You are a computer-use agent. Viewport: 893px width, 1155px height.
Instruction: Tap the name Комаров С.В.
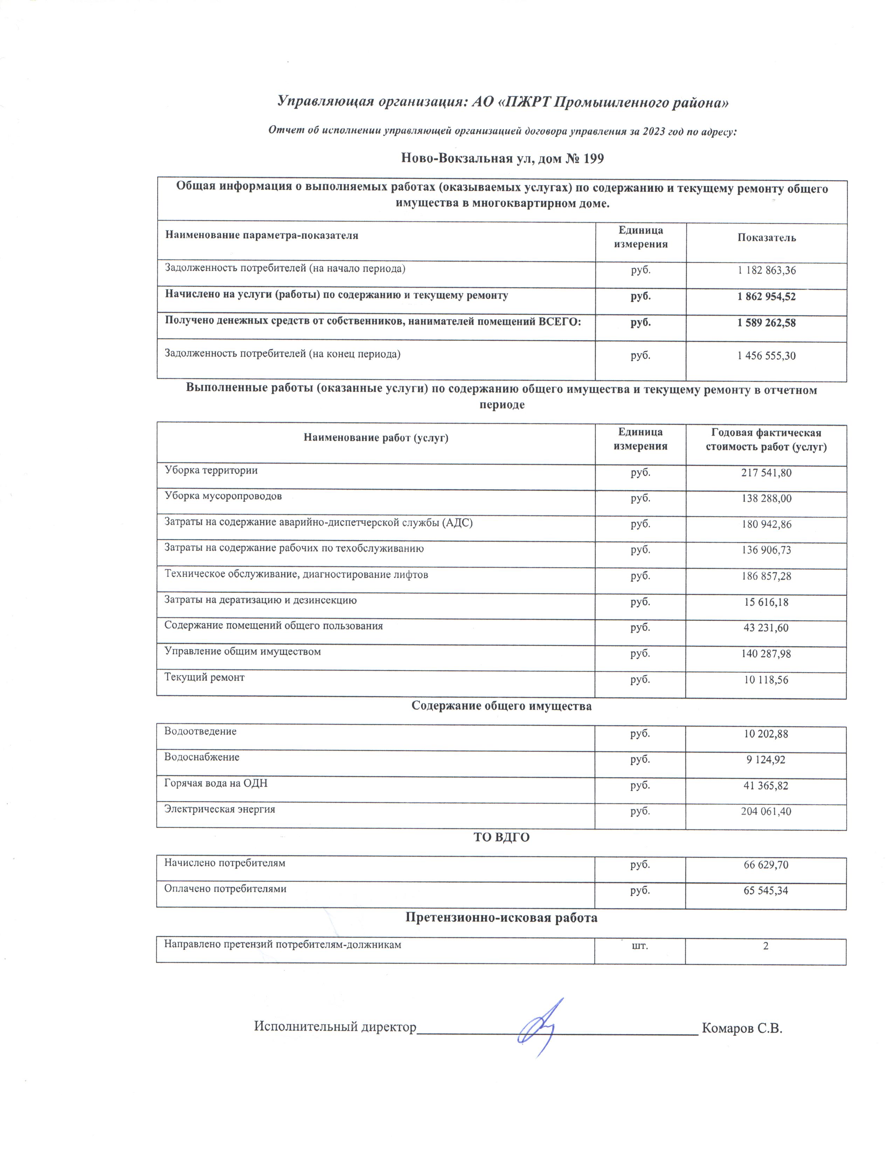point(741,1028)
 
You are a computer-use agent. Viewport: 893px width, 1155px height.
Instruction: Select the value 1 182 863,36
point(766,271)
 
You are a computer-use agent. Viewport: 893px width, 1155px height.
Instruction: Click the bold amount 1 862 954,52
point(766,297)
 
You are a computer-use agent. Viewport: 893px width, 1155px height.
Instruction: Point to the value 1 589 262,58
point(766,323)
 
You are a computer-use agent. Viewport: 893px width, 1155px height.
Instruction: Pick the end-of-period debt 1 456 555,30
point(766,356)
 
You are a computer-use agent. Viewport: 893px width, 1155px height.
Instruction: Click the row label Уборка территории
point(211,470)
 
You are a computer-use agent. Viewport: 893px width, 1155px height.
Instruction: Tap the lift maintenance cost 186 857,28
point(766,576)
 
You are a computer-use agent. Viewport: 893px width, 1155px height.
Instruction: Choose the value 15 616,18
point(766,602)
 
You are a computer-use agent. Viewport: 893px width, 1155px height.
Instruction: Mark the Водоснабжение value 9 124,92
point(766,760)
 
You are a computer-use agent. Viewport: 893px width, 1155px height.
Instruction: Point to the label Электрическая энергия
point(220,809)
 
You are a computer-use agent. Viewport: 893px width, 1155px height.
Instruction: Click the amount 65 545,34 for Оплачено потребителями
point(766,891)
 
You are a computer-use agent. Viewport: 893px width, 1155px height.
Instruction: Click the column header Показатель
point(766,238)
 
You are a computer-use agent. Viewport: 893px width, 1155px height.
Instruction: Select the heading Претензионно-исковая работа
point(501,918)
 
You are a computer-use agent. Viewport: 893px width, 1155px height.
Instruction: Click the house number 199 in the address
point(593,159)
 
